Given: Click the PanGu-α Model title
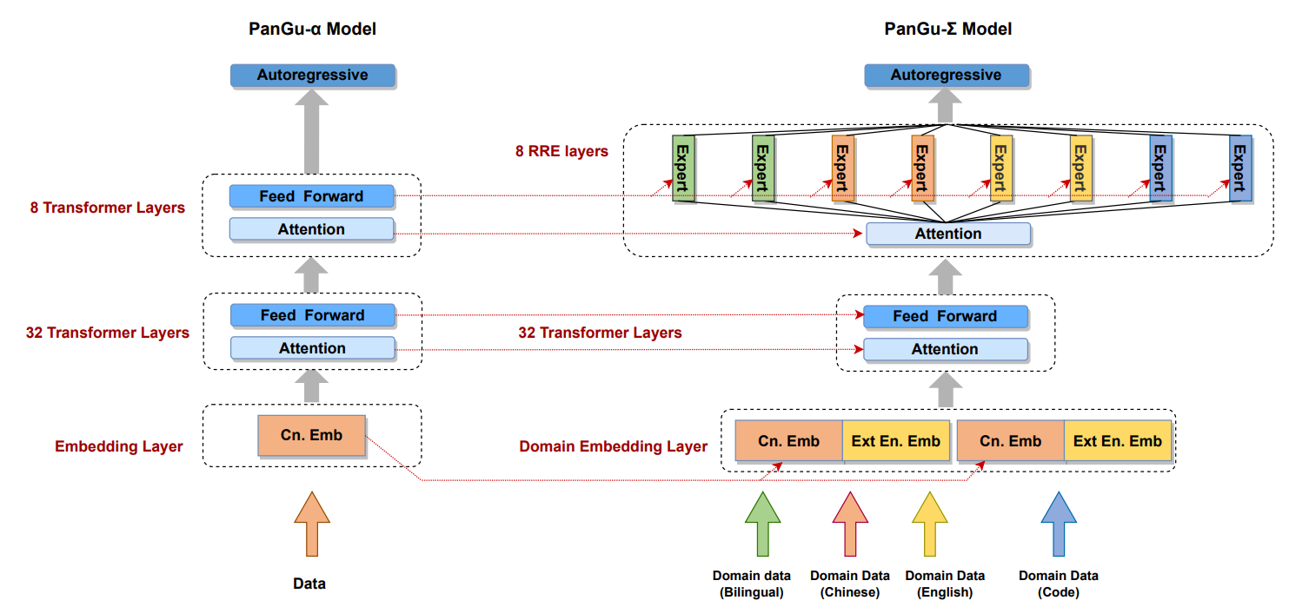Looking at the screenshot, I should click(312, 30).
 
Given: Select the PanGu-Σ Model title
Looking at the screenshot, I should click(947, 30).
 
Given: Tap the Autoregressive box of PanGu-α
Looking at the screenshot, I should click(312, 76).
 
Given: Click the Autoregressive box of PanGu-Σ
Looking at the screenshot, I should click(946, 76).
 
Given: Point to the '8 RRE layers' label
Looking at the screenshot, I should click(561, 152).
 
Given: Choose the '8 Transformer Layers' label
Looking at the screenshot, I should click(107, 208).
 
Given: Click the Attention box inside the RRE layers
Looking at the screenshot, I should click(947, 234).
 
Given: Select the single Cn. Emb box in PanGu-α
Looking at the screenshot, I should click(311, 436).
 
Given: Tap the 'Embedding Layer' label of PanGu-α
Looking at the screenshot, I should click(119, 446).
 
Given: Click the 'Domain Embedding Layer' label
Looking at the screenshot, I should click(613, 446).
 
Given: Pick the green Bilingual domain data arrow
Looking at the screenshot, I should click(762, 523).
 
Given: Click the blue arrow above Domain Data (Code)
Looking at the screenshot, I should click(1059, 523).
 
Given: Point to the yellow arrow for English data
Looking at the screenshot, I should click(929, 523).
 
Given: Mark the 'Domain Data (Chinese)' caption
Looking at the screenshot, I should click(849, 584).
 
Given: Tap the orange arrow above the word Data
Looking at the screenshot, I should click(311, 523).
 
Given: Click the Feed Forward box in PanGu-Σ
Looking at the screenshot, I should click(945, 316).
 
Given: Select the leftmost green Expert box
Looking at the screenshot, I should click(684, 168).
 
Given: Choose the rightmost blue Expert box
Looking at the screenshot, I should click(1240, 168).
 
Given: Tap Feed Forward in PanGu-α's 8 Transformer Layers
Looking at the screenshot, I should click(311, 196).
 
